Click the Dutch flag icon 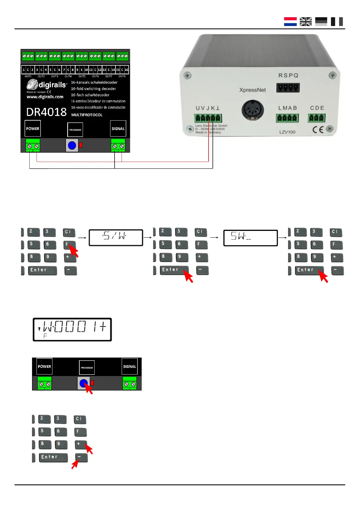[290, 21]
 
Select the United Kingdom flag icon [306, 21]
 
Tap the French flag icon [337, 21]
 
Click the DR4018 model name [46, 112]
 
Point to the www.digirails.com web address [45, 97]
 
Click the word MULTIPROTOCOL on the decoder [87, 115]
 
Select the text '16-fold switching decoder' [93, 89]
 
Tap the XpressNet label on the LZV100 [252, 90]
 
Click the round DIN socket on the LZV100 [253, 110]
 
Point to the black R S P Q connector [288, 88]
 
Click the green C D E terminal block [316, 118]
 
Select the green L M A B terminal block [287, 118]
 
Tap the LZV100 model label [287, 132]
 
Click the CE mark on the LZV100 [318, 130]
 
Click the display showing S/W [115, 237]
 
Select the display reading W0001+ [72, 329]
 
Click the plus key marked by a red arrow [80, 444]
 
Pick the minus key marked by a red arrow [81, 457]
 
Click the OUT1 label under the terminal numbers [28, 76]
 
